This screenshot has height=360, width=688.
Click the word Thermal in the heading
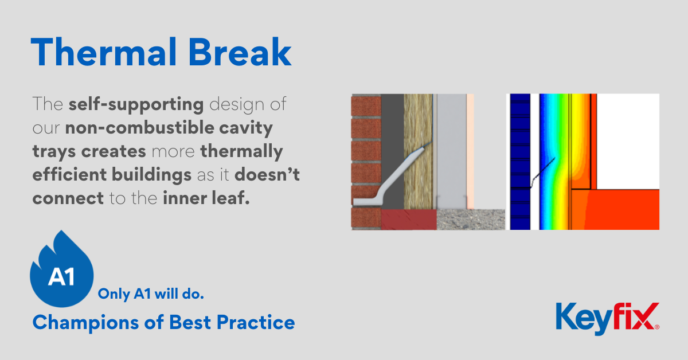pos(104,52)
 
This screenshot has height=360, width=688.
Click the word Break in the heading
pos(240,52)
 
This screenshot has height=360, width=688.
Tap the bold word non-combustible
pos(140,127)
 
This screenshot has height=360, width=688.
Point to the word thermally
pos(241,152)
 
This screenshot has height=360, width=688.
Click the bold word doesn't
pos(267,174)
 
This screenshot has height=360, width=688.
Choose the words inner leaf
pos(206,198)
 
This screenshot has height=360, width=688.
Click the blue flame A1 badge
pos(62,271)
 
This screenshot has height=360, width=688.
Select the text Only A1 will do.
pos(151,294)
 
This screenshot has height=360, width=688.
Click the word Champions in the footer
pos(85,323)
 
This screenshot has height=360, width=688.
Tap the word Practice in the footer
pos(256,323)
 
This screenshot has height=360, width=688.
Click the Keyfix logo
pos(608,318)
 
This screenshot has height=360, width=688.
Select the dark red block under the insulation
pos(409,220)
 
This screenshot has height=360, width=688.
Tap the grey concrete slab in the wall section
pos(471,220)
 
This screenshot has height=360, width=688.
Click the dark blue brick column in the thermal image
pos(521,162)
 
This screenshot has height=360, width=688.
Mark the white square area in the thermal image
pos(628,141)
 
